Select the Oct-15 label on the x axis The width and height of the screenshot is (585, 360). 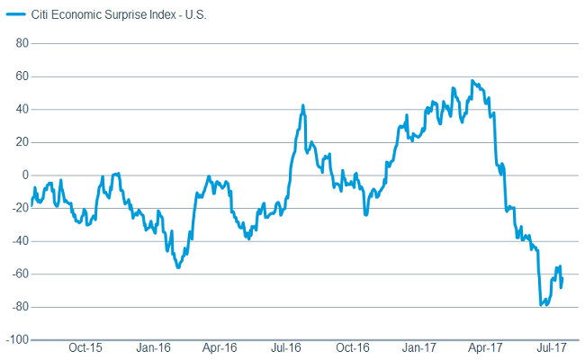coord(85,347)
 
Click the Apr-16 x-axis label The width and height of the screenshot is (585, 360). coord(219,347)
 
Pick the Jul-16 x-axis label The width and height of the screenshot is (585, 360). coord(285,347)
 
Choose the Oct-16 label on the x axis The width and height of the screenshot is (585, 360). coord(352,347)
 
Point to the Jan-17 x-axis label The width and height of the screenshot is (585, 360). coord(419,347)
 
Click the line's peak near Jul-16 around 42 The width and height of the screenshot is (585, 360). coord(302,105)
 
